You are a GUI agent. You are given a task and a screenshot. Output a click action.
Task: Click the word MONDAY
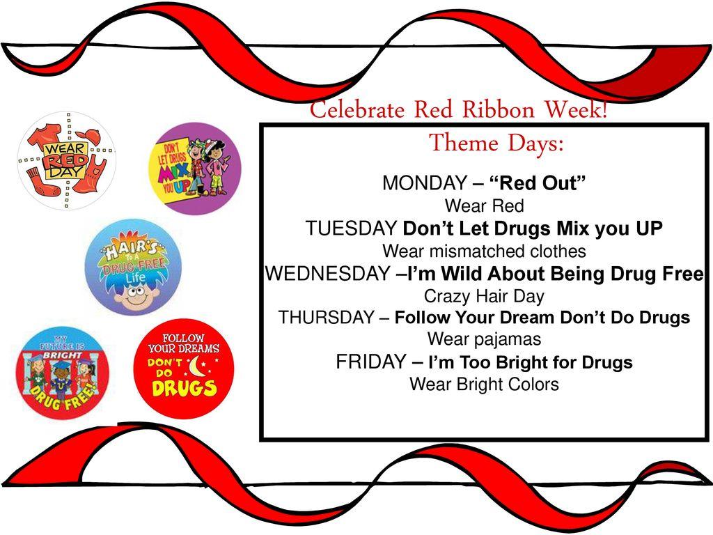click(x=425, y=184)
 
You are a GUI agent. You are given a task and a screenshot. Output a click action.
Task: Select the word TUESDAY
click(x=352, y=228)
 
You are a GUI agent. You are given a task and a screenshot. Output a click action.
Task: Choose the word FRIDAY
click(x=370, y=362)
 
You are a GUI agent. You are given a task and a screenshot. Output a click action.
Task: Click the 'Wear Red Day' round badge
click(x=67, y=161)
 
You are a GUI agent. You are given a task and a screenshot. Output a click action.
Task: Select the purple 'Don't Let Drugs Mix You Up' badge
click(x=196, y=169)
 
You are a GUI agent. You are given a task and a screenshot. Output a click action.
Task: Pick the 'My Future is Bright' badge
click(x=63, y=373)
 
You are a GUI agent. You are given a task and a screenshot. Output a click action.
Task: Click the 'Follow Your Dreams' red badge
click(x=184, y=369)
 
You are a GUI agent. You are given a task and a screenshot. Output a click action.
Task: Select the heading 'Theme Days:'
click(x=496, y=144)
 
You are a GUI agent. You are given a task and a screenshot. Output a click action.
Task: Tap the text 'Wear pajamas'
click(x=484, y=339)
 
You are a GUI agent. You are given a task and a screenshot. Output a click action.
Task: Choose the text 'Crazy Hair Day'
click(x=484, y=295)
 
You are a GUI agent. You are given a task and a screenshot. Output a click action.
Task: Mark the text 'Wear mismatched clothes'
click(x=484, y=251)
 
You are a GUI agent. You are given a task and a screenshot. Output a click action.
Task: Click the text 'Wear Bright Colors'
click(x=484, y=384)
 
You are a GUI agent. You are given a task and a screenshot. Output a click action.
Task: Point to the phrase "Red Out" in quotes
click(x=540, y=184)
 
